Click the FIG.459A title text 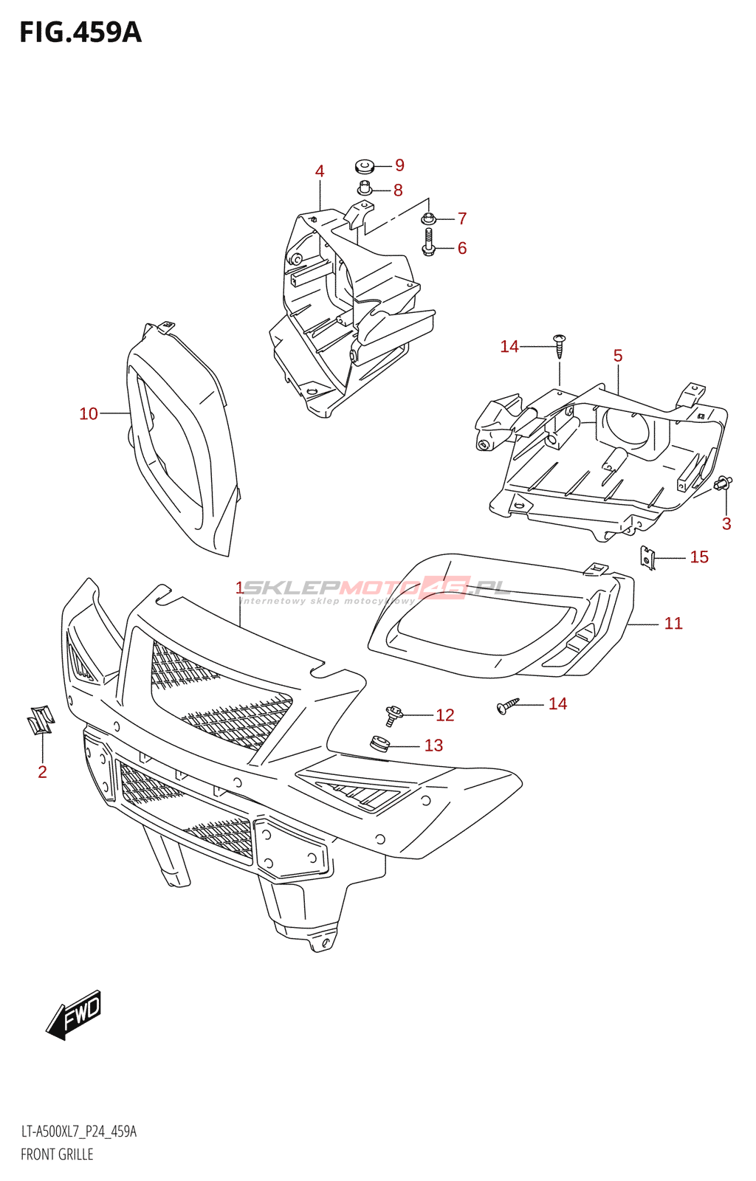tap(80, 32)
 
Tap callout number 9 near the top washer tap(399, 165)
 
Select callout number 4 tap(320, 171)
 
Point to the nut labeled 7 tap(428, 218)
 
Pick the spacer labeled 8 tap(365, 188)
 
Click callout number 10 tap(89, 414)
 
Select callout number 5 tap(618, 356)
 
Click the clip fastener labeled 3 tap(724, 483)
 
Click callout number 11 tap(673, 624)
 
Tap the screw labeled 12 tap(393, 714)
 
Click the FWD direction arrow tap(74, 1015)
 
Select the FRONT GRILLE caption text tap(57, 1154)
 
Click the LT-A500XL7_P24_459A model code tap(78, 1132)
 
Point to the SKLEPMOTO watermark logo tap(377, 588)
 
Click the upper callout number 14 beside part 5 tap(509, 347)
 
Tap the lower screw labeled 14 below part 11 tap(508, 706)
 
